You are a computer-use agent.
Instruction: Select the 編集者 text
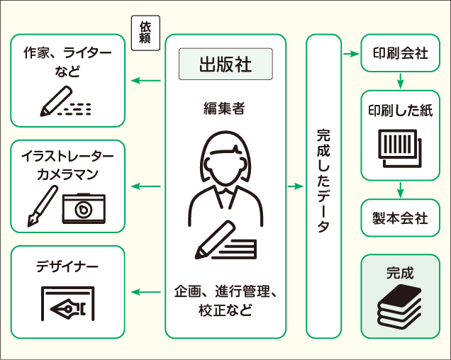tap(225, 108)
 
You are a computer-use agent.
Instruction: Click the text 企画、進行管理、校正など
tap(225, 301)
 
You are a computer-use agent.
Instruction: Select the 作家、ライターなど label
tap(68, 61)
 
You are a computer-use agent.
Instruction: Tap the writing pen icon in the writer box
tap(57, 102)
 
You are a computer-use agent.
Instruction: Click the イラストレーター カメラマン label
tap(68, 164)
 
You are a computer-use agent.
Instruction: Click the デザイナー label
tap(68, 266)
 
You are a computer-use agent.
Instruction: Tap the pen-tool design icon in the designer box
tap(68, 305)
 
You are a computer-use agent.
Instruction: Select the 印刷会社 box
tap(400, 53)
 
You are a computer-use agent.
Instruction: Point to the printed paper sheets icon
tap(400, 147)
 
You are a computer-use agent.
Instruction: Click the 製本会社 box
tap(400, 218)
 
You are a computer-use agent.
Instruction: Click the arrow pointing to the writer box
tap(147, 81)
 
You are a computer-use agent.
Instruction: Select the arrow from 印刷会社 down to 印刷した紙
tap(400, 81)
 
